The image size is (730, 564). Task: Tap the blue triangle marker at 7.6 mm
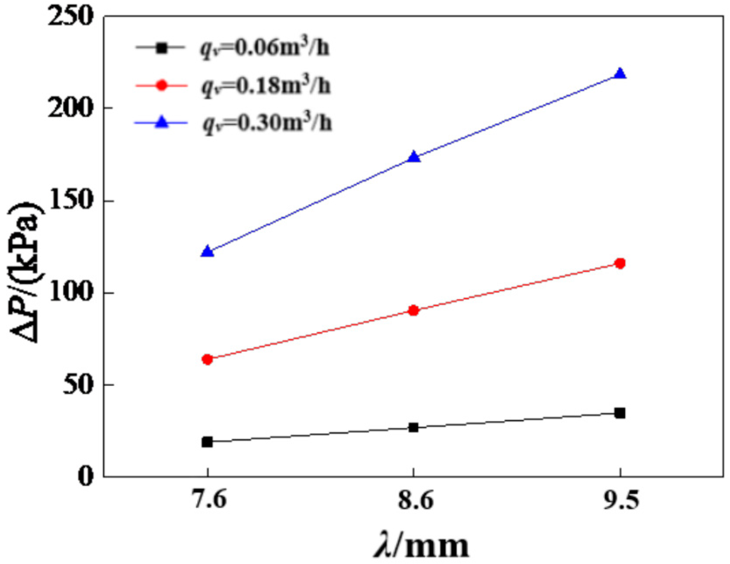[207, 251]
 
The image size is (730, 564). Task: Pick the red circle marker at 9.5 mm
[620, 263]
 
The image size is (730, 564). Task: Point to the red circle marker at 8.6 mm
[414, 310]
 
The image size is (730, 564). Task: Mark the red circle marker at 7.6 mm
[207, 359]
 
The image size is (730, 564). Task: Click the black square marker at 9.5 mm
[620, 413]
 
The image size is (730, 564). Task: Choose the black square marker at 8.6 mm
[414, 427]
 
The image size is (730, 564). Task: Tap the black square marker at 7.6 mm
[207, 442]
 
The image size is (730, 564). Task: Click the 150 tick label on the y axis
[70, 201]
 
